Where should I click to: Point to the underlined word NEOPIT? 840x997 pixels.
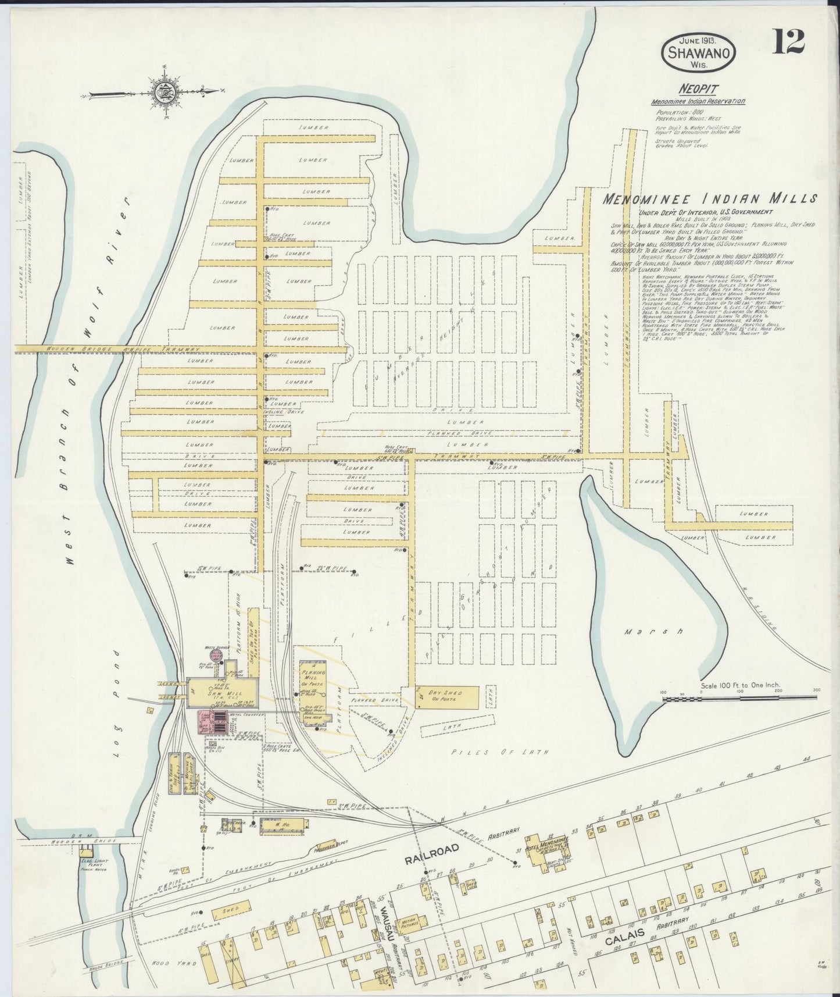click(x=697, y=89)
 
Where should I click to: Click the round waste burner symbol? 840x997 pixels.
click(x=216, y=656)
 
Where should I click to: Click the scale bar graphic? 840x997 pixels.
click(x=738, y=697)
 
